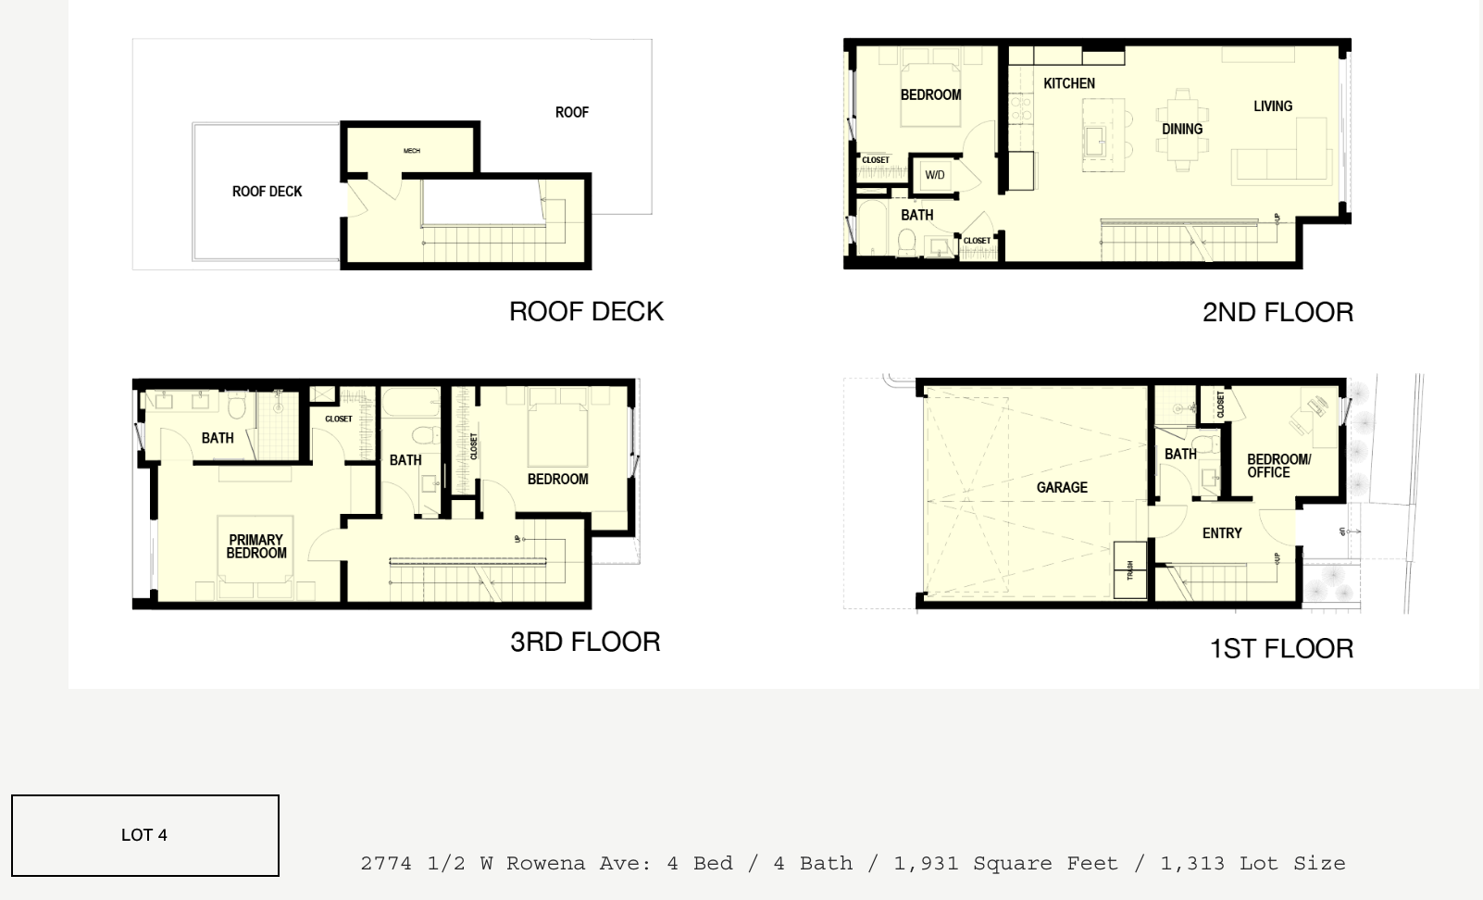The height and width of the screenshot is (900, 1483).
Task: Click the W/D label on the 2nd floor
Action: [x=935, y=175]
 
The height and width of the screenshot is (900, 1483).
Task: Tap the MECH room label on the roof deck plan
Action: [x=412, y=151]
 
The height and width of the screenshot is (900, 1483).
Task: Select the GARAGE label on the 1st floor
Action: [x=1062, y=487]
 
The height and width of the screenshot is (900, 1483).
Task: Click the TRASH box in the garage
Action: [x=1129, y=569]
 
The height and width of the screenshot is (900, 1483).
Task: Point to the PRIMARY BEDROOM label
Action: [x=256, y=546]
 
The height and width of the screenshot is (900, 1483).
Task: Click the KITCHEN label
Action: [x=1069, y=83]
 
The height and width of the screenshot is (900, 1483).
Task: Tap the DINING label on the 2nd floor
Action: [x=1182, y=130]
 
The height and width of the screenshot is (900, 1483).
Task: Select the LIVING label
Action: [x=1273, y=106]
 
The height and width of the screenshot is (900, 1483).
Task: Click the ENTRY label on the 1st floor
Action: [x=1222, y=533]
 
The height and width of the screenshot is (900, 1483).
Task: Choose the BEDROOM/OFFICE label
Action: [x=1278, y=466]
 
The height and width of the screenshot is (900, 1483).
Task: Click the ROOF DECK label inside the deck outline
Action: [x=267, y=192]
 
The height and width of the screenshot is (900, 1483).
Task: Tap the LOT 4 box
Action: [x=145, y=835]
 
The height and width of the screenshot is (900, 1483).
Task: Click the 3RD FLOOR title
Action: [x=585, y=642]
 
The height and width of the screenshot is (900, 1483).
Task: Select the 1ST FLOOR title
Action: [x=1281, y=648]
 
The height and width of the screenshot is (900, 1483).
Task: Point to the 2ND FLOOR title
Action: [x=1277, y=312]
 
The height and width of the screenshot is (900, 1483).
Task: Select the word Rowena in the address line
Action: [x=545, y=864]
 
